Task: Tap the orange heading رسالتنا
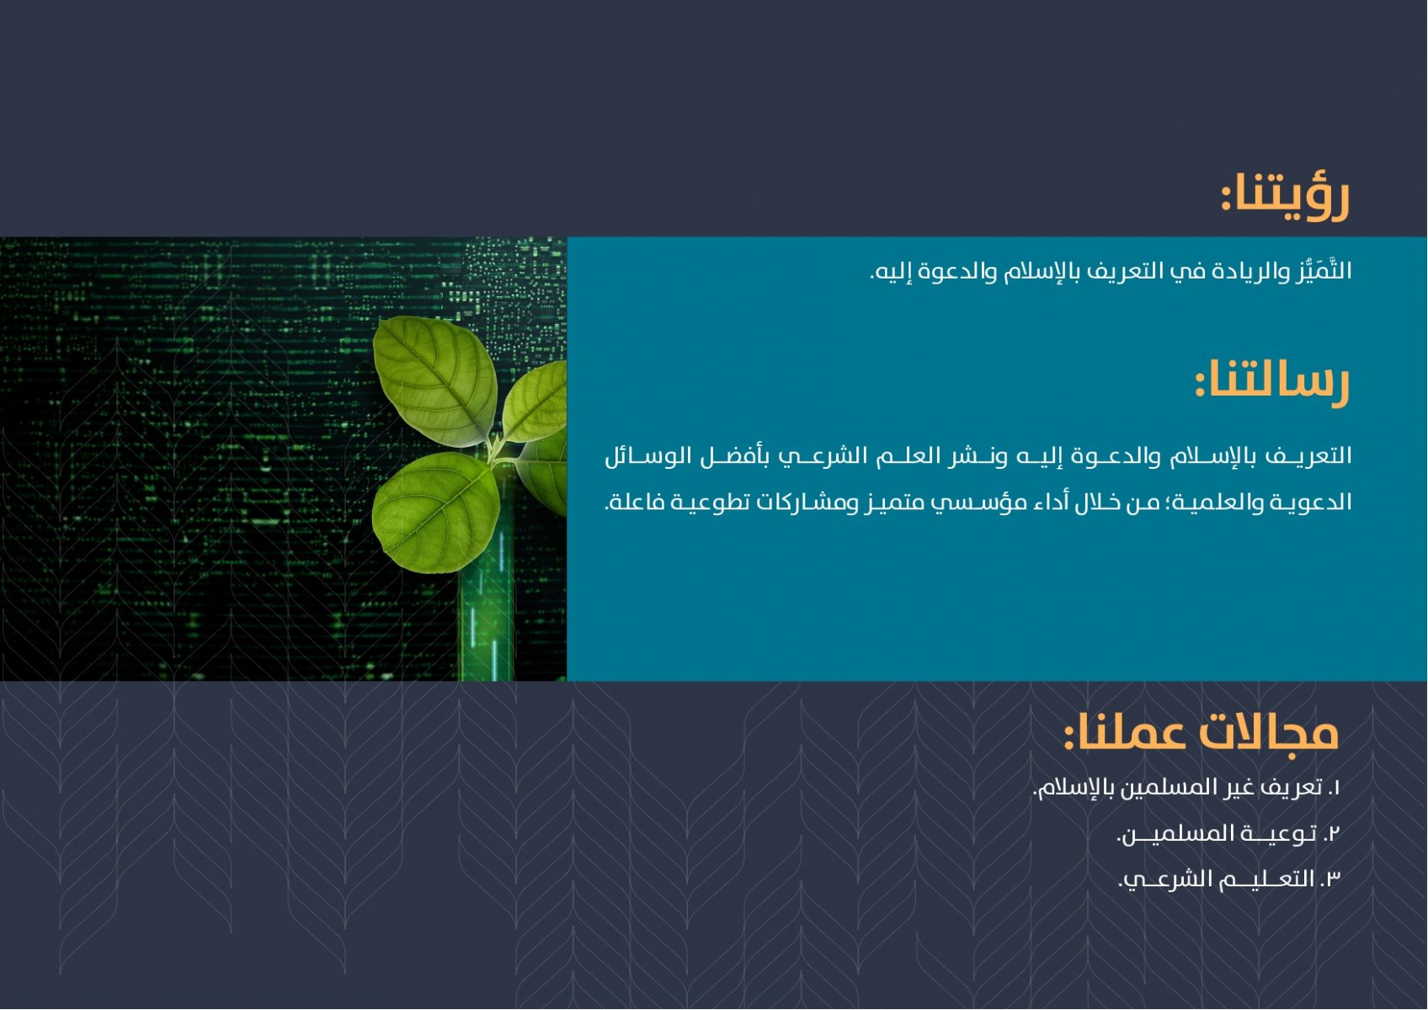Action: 1271,383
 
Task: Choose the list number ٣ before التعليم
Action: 1332,880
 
